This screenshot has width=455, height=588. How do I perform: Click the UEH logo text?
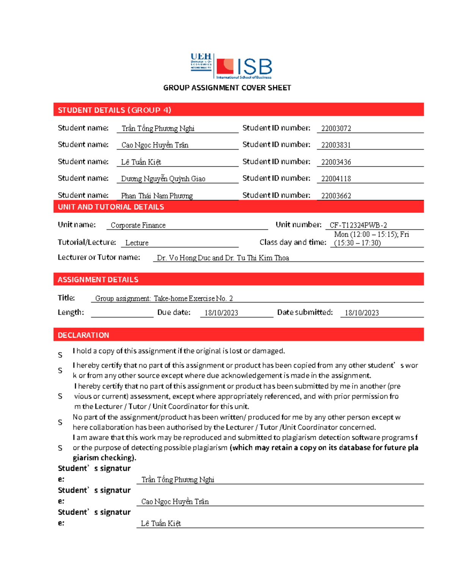pos(201,57)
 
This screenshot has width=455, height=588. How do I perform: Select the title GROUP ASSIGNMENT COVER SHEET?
pos(227,88)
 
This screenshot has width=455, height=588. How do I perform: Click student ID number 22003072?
pos(336,128)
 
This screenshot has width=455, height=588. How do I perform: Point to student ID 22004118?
pos(336,179)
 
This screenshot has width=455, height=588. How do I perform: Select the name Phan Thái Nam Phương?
pos(157,196)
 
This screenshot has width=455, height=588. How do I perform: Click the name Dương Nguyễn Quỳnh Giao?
pos(163,179)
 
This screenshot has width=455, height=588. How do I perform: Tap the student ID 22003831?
pos(336,145)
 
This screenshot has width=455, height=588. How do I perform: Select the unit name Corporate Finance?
pos(138,225)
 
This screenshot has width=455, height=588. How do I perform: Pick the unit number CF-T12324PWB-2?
pos(358,225)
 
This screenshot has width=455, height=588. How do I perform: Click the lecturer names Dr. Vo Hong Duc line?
pos(223,258)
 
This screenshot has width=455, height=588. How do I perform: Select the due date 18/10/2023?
pos(221,313)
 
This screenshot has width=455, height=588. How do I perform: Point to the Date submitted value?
pos(361,313)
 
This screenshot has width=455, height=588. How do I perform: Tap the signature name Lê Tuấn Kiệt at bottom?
pos(161,524)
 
